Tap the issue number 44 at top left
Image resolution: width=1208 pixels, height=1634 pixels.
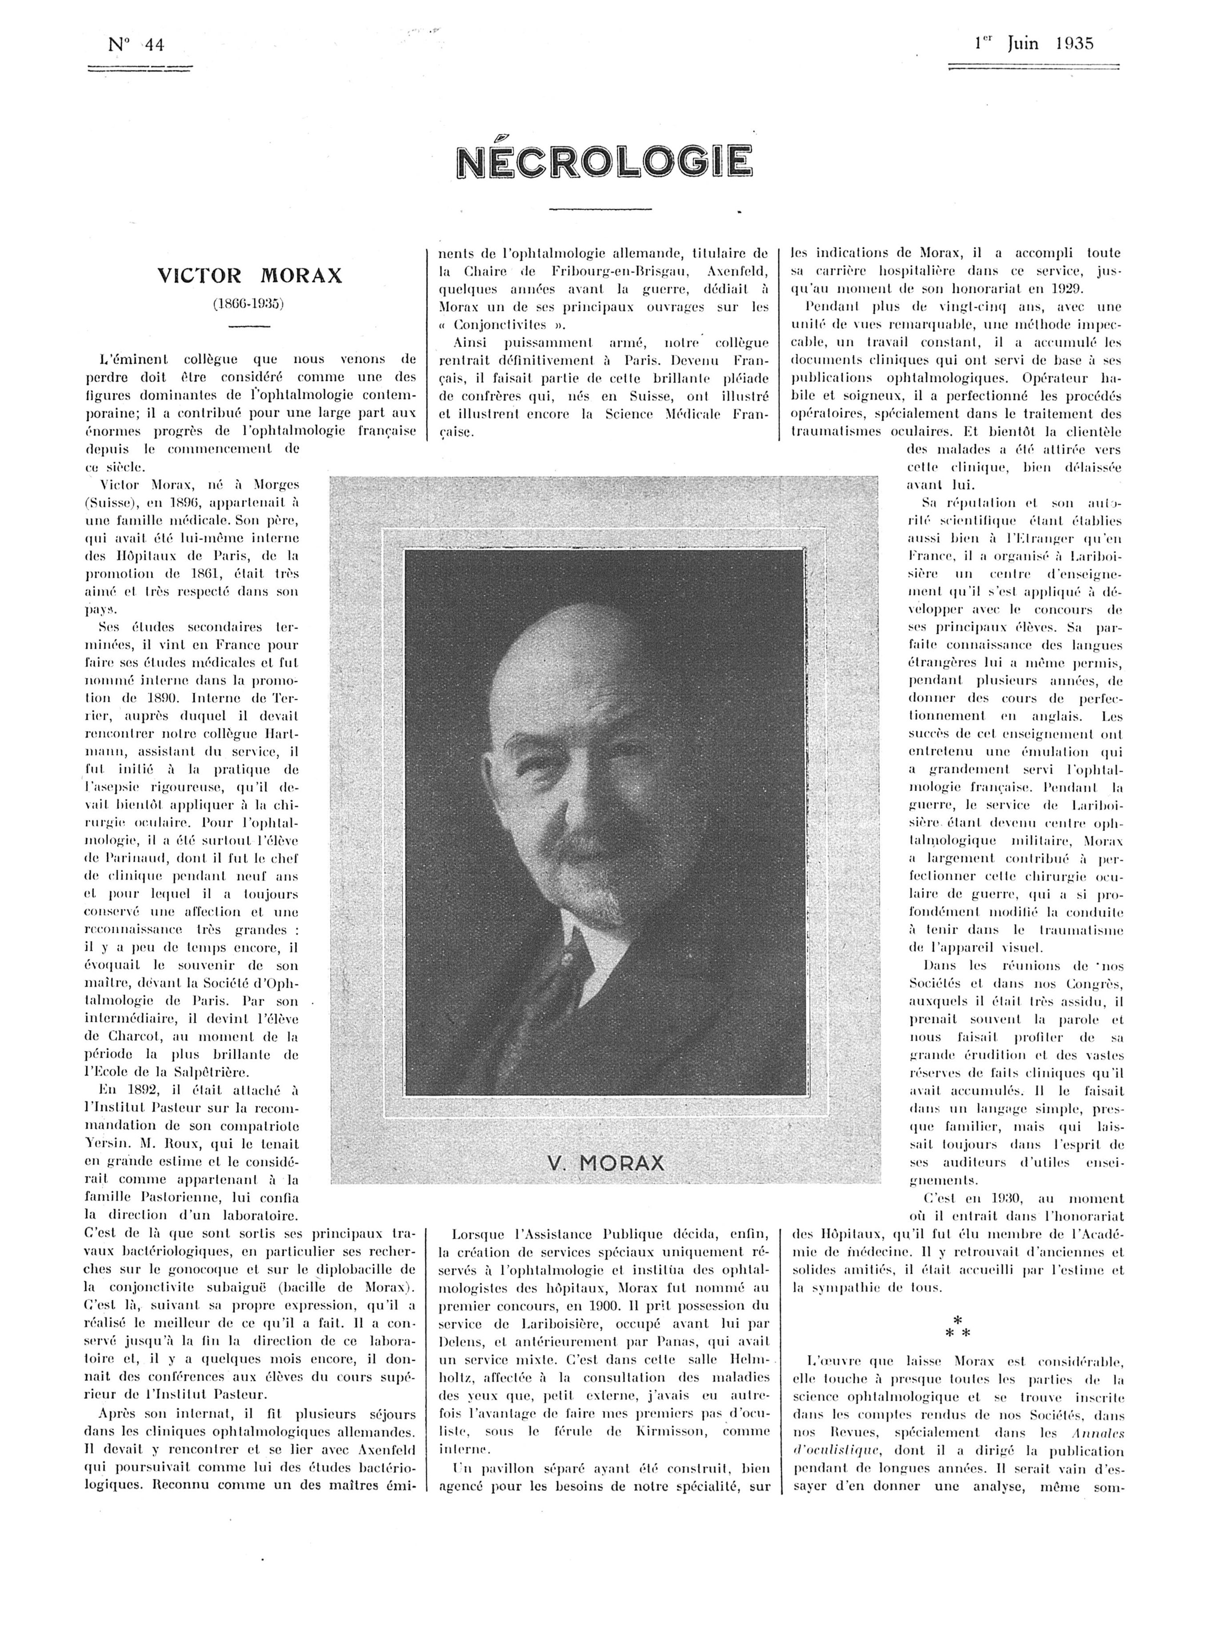pos(154,44)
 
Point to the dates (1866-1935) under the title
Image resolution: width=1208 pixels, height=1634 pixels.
pos(249,303)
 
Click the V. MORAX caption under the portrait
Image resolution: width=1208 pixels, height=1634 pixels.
pos(605,1163)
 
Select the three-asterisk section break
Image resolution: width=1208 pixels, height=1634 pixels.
pos(956,1326)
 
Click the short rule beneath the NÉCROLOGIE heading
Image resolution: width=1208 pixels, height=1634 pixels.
pos(600,210)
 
